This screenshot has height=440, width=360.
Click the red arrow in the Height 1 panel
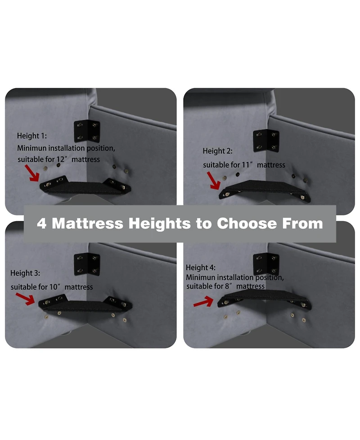(32, 173)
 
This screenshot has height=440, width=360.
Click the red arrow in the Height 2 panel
(214, 181)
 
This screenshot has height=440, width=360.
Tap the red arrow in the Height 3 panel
(25, 299)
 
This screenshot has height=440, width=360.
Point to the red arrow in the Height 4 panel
(203, 302)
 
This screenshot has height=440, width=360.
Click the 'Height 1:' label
(32, 136)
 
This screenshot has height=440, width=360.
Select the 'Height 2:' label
(217, 151)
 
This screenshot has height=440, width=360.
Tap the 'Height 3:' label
(25, 273)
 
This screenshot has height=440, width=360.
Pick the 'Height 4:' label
(201, 268)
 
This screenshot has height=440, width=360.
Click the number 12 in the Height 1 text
(61, 159)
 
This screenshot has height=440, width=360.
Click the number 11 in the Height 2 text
(246, 165)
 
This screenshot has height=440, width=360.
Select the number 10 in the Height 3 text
(54, 287)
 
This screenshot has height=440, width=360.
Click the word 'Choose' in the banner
(247, 224)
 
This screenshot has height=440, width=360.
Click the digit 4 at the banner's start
(41, 224)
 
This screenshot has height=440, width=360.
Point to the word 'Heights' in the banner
(160, 224)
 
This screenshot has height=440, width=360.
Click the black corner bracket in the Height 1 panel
(87, 132)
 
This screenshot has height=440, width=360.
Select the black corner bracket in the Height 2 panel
(266, 141)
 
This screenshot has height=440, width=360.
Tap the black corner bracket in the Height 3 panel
(87, 264)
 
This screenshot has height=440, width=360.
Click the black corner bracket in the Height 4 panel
(266, 264)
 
